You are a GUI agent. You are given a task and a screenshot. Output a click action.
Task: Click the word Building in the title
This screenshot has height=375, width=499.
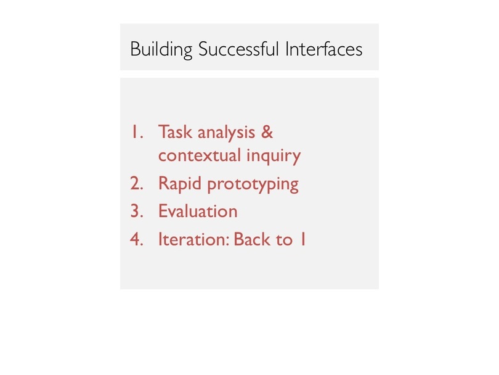click(161, 50)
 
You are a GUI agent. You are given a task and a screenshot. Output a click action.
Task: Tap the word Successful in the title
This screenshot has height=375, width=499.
click(238, 49)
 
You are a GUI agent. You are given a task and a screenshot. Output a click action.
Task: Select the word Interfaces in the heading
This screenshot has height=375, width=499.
click(324, 49)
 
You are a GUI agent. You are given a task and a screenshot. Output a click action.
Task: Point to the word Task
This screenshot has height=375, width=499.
click(175, 131)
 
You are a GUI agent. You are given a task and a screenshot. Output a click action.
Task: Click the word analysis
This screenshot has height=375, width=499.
click(226, 133)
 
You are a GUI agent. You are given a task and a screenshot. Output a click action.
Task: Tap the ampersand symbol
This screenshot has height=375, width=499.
click(267, 132)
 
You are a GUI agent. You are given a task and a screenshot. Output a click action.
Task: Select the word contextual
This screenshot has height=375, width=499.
click(199, 155)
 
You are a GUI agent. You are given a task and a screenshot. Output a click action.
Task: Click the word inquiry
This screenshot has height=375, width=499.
click(274, 156)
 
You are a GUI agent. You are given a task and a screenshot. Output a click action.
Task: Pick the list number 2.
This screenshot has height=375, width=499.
click(137, 184)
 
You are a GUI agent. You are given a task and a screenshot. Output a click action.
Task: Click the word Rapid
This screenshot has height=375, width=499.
click(180, 184)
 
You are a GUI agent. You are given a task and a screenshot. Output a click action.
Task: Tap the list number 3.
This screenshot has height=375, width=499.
click(137, 211)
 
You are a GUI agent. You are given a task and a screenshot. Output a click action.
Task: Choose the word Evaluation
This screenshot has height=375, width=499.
click(198, 211)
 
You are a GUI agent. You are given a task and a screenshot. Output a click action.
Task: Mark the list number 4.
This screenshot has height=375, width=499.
click(137, 239)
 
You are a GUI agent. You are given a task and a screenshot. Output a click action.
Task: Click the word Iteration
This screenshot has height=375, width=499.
click(193, 239)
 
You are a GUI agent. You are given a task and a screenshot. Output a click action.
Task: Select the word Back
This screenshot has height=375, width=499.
click(253, 239)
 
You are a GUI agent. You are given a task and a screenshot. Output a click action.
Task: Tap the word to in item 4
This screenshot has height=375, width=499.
click(284, 240)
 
